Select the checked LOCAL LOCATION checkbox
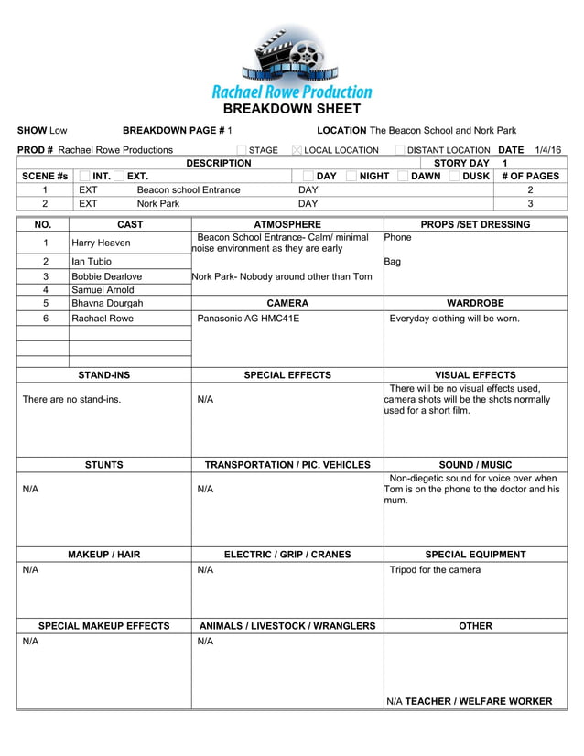297,150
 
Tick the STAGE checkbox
242,150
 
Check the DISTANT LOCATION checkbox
400,150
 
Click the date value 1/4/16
548,150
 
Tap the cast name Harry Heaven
101,243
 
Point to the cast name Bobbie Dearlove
106,276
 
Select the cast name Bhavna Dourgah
107,303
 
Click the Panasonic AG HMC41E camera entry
248,319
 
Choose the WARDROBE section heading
475,303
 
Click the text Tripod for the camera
435,570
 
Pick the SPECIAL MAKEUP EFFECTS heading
103,626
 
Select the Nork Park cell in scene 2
158,204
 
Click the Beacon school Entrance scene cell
189,190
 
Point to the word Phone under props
398,238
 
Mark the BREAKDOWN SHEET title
292,108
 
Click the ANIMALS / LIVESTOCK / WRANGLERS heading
287,626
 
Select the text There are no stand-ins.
71,400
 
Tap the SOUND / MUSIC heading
475,465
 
